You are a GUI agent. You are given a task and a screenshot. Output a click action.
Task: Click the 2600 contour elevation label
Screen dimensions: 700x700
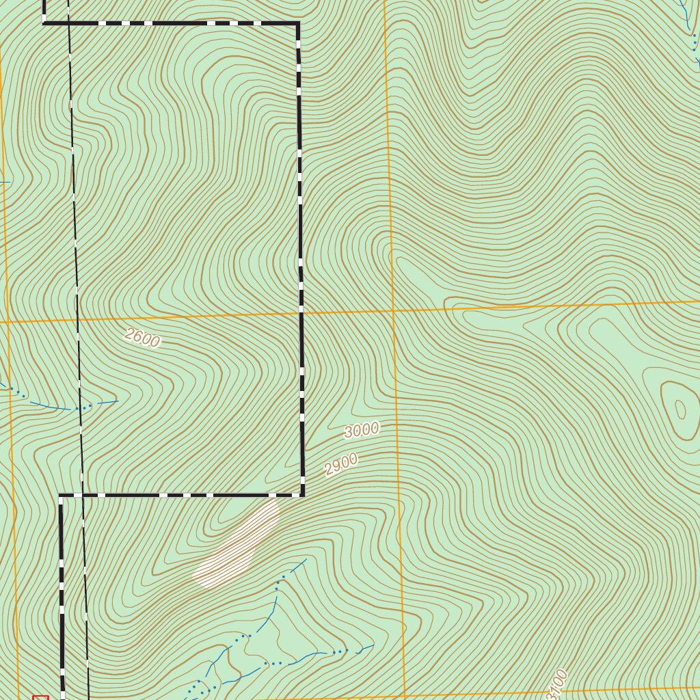coord(142,338)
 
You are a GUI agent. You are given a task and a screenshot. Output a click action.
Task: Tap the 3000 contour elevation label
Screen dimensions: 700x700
coord(362,430)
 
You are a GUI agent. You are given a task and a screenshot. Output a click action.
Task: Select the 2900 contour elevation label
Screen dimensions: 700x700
coord(341,465)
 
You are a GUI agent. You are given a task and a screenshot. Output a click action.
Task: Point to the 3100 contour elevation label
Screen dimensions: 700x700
coord(557,684)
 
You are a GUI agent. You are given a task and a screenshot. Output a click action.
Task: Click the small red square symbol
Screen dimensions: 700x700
coord(40,698)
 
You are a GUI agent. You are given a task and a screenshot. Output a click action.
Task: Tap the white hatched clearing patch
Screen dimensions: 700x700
coord(236,546)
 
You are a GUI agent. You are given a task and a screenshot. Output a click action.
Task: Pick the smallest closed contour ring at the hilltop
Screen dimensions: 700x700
coord(680,409)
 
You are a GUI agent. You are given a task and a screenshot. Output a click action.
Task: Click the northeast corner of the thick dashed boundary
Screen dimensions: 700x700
coord(298,23)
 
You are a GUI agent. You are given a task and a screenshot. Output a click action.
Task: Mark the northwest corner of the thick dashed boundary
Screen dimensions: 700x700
coord(44,23)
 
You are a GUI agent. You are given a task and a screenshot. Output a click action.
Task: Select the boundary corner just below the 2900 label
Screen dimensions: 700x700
coord(302,494)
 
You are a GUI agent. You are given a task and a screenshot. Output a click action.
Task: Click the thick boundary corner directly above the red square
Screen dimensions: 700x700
coord(61,496)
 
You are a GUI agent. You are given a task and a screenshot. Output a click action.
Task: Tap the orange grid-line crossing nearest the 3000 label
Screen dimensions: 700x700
coord(393,310)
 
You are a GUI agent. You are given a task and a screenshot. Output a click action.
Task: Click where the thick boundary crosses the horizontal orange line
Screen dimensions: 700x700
coord(301,314)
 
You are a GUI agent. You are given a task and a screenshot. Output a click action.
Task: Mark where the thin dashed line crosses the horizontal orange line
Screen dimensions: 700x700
coord(77,319)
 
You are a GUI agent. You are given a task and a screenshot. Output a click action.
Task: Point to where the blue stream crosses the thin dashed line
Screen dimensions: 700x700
coord(81,408)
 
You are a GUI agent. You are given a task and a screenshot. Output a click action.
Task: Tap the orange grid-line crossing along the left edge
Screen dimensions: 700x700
coord(7,321)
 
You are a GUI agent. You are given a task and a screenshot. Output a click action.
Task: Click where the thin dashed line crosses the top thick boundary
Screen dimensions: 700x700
coord(68,23)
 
